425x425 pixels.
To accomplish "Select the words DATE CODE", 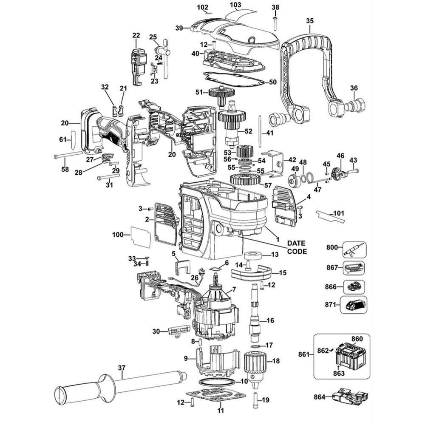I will (x=297, y=247).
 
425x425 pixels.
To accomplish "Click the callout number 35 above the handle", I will (x=309, y=20).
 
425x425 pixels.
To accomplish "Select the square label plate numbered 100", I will (x=140, y=237).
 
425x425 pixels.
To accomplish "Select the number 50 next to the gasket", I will (x=273, y=82).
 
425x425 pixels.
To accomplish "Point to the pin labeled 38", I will (x=275, y=22).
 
